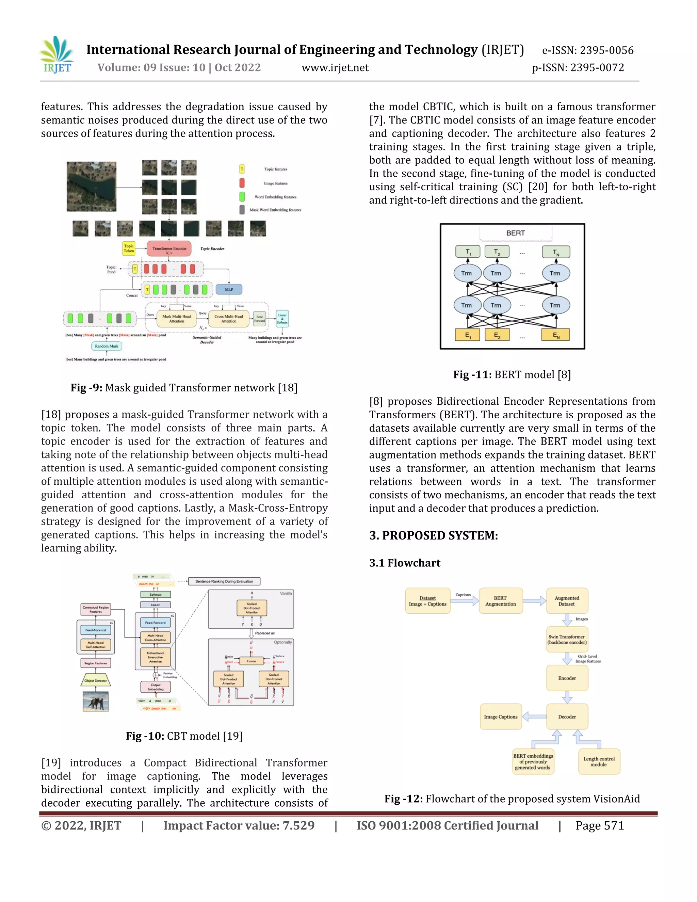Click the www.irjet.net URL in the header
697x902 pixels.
335,67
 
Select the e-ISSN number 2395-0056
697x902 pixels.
606,50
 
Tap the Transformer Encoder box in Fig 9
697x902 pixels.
169,248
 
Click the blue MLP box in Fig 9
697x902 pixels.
229,289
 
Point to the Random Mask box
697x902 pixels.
107,346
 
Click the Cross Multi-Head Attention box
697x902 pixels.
229,319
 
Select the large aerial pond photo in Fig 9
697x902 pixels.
91,186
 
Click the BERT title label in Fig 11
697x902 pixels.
515,233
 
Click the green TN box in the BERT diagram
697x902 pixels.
556,252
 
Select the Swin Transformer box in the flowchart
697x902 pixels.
567,639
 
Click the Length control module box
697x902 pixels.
599,761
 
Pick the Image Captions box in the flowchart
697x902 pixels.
500,716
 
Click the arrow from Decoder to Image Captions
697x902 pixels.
534,716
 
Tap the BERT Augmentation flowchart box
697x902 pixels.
500,601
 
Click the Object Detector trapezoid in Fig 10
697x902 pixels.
95,680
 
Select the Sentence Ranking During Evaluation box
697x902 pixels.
224,581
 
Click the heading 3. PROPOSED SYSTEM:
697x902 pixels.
433,535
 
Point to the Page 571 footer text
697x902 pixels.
600,826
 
